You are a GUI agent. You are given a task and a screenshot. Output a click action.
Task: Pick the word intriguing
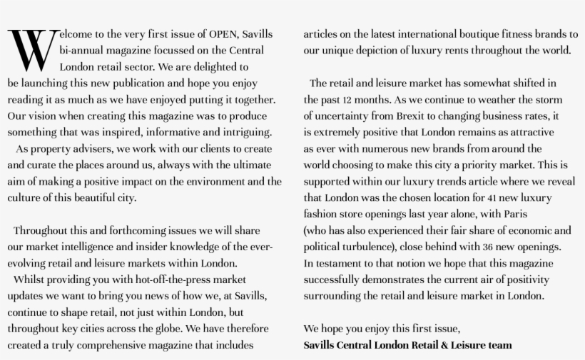243,133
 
